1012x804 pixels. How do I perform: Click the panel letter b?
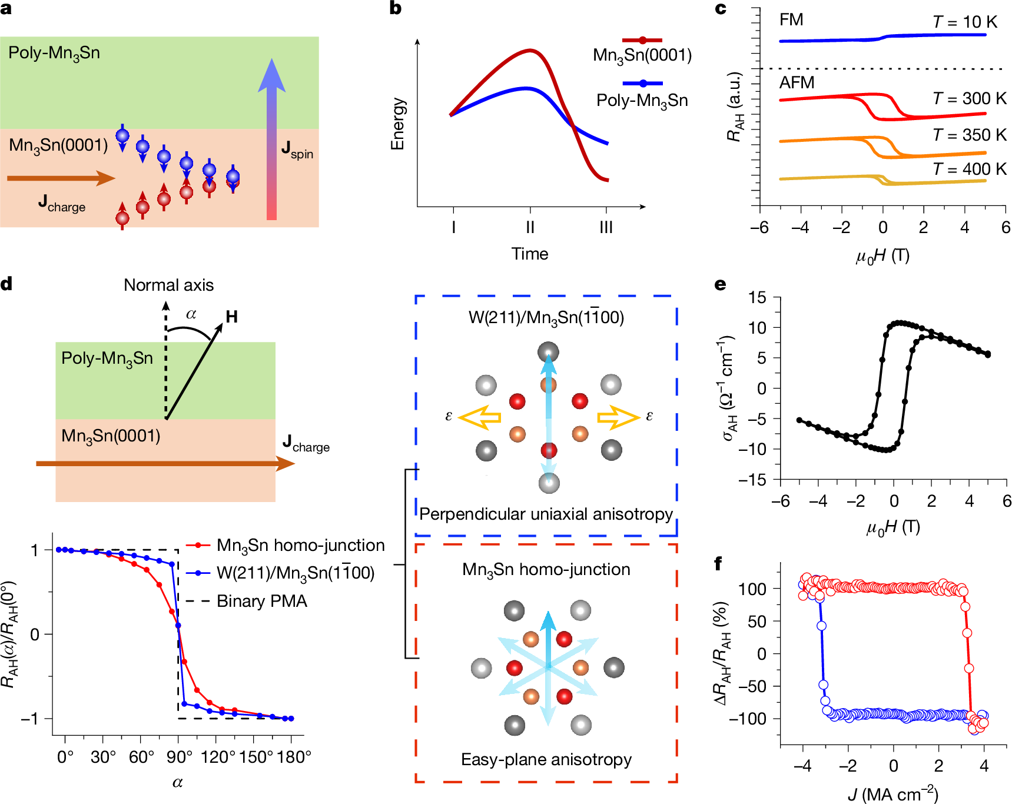[x=396, y=8]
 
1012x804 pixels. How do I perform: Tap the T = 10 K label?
[x=964, y=22]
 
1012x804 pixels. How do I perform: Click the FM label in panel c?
[x=791, y=20]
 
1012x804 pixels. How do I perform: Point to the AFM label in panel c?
[x=797, y=83]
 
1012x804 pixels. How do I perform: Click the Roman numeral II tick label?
[x=530, y=227]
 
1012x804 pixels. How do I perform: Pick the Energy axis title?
[x=399, y=124]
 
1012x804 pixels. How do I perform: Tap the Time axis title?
[x=529, y=254]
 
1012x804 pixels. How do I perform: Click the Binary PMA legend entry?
[x=261, y=601]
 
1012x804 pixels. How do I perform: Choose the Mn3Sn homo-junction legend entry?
[x=300, y=545]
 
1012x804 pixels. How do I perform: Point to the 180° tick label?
[x=294, y=757]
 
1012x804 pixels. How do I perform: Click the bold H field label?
[x=232, y=317]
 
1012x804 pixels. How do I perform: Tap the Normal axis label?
[x=168, y=285]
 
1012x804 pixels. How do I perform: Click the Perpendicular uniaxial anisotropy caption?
[x=546, y=514]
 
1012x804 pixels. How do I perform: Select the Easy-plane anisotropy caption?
[x=546, y=759]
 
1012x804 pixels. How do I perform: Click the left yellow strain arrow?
[x=479, y=417]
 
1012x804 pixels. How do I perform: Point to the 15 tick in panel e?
[x=758, y=297]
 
